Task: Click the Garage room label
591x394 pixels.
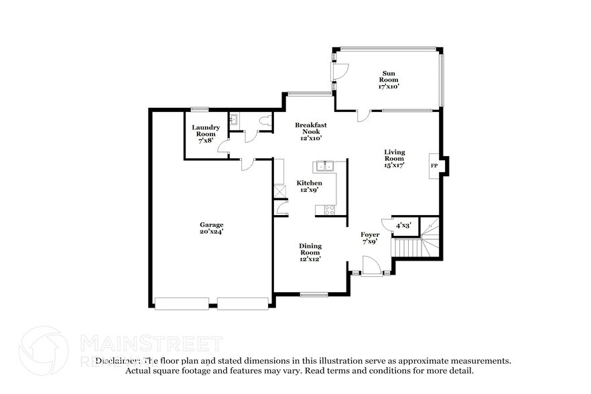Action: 210,228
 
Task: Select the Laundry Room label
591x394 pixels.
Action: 206,134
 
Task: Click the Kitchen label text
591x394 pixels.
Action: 310,186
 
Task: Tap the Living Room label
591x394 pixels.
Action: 394,158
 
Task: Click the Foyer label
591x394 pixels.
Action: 370,238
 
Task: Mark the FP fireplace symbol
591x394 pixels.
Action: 434,165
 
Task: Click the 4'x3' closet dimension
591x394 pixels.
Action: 403,226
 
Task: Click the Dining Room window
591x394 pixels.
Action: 313,294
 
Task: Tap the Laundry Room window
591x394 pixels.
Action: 199,109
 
